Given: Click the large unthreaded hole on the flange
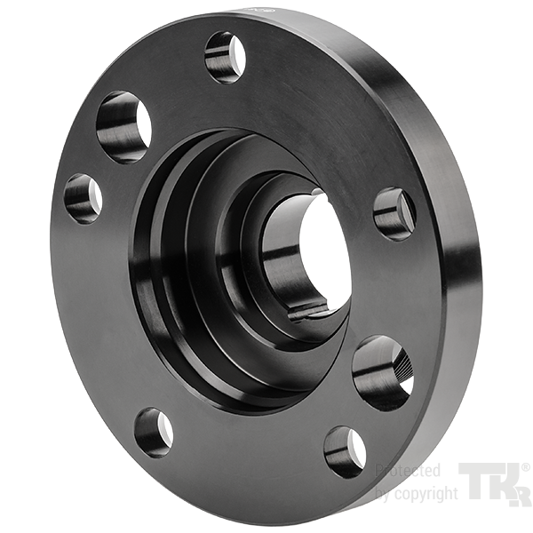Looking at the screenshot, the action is (x=123, y=127).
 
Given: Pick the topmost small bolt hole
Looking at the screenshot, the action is (x=226, y=58).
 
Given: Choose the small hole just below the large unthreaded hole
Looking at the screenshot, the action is (x=84, y=199).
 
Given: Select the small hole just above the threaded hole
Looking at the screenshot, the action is (x=394, y=214).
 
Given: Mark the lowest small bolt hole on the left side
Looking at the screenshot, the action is (x=154, y=434).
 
